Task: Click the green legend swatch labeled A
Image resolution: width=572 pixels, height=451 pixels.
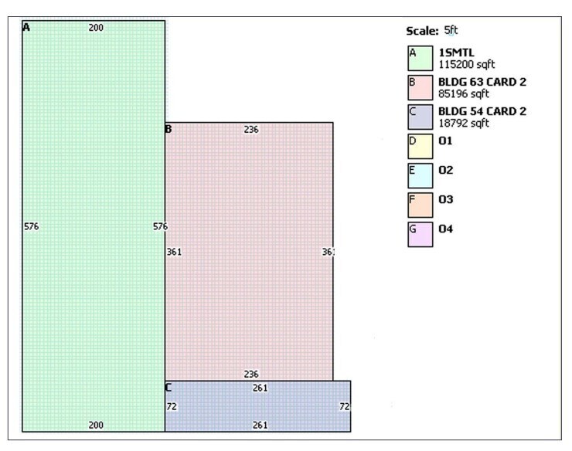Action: [420, 58]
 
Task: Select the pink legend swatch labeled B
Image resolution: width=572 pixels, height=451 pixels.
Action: [420, 87]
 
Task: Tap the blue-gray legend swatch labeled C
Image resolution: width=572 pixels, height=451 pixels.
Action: [420, 117]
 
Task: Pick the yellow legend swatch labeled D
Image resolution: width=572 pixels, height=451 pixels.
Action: [420, 146]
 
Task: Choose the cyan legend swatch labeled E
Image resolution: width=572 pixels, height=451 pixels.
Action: [420, 176]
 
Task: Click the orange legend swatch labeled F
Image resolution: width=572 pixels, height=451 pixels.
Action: [420, 205]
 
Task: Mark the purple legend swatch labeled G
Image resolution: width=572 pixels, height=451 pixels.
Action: [420, 235]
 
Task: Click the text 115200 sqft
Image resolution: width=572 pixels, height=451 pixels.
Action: [467, 65]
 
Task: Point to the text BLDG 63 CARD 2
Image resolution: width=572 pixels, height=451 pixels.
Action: [482, 82]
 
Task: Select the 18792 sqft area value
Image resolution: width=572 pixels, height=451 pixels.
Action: [464, 124]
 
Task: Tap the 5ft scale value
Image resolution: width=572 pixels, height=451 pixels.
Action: [451, 30]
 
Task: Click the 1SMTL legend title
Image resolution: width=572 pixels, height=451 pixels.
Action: [456, 53]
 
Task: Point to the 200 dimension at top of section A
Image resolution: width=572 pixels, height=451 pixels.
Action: [96, 28]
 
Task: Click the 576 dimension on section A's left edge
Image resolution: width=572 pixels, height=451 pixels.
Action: [32, 226]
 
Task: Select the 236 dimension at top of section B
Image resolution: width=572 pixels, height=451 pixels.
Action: [251, 130]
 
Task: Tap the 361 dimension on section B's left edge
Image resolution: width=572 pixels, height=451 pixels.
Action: [174, 252]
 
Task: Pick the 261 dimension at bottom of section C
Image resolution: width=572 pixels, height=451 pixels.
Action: [260, 425]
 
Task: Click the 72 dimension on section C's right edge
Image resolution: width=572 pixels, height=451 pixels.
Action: [345, 406]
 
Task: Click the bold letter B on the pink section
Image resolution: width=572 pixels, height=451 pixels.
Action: [169, 129]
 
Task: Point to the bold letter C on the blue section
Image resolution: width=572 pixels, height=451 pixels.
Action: [169, 388]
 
